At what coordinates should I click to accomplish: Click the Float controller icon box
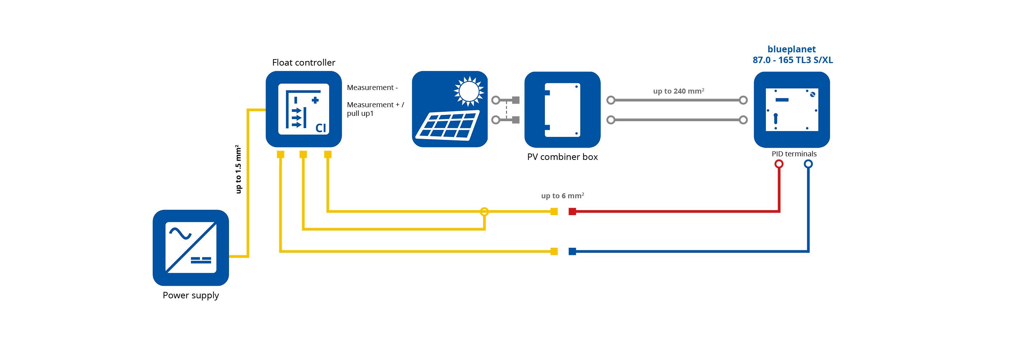pos(303,109)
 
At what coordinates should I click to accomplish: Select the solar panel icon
pos(449,109)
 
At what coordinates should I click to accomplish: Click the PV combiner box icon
pos(562,109)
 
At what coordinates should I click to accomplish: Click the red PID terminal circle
pos(778,164)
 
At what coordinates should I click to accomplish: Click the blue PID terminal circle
pos(808,164)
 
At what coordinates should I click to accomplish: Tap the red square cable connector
pos(572,212)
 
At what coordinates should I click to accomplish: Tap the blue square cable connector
pos(572,251)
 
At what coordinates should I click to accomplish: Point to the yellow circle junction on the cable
pos(484,212)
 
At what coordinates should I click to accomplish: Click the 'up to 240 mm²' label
pos(678,91)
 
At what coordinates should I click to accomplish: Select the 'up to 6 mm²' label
pos(562,196)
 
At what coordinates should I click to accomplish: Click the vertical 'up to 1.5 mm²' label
pos(238,169)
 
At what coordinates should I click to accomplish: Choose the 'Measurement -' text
pos(372,87)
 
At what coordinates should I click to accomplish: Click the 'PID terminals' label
pos(793,154)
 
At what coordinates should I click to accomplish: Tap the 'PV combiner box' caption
pos(562,157)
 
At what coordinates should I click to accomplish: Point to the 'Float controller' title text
pos(303,63)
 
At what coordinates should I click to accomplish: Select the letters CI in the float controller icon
pos(320,128)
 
